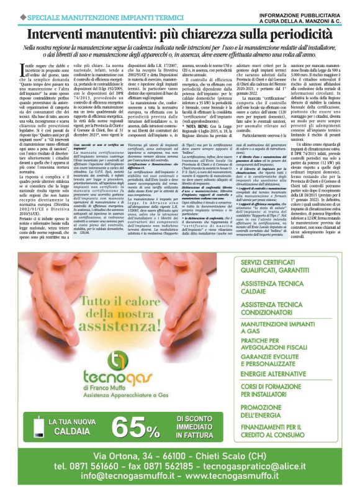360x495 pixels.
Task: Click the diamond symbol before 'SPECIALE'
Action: click(6, 10)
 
